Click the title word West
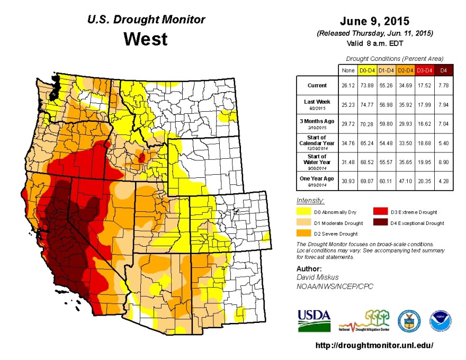tap(145, 39)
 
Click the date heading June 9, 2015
tap(374, 22)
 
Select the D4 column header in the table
tap(443, 70)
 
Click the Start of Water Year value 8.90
tap(443, 162)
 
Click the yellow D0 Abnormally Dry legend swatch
tap(304, 212)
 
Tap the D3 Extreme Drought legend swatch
tap(380, 212)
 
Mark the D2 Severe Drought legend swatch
tap(304, 233)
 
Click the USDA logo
tap(313, 320)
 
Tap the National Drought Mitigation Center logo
tap(364, 321)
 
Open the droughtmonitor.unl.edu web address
tap(374, 345)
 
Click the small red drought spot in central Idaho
tap(141, 157)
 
